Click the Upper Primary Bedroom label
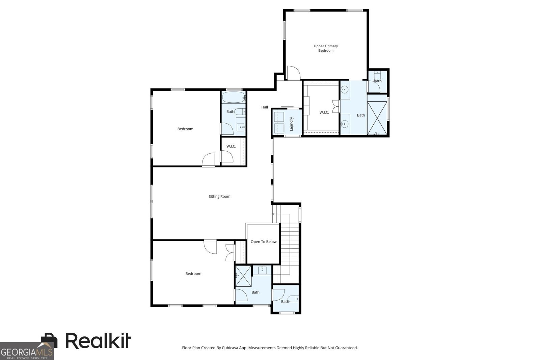click(326, 48)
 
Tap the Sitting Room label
click(219, 197)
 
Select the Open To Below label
click(264, 241)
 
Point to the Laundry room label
click(291, 124)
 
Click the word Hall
click(265, 107)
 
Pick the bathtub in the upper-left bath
click(234, 97)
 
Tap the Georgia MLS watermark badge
click(27, 351)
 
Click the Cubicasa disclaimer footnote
click(270, 348)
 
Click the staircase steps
click(289, 249)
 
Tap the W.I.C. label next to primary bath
click(324, 112)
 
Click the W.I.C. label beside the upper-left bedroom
click(231, 146)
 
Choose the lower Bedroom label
click(193, 274)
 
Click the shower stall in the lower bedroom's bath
click(243, 276)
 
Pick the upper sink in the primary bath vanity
click(345, 90)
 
